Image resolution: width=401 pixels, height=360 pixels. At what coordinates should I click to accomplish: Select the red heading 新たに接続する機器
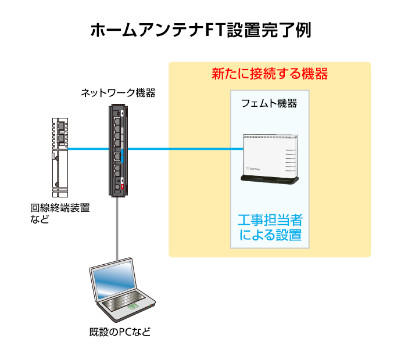270,74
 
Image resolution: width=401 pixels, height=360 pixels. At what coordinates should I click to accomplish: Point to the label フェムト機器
269,104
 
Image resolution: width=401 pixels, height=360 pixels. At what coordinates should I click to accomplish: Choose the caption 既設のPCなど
120,333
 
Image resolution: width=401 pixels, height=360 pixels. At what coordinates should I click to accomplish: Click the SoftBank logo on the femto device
254,168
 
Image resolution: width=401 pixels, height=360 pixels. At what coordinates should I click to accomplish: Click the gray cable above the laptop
118,226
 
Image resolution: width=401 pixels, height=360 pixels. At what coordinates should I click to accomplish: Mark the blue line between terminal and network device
87,149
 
